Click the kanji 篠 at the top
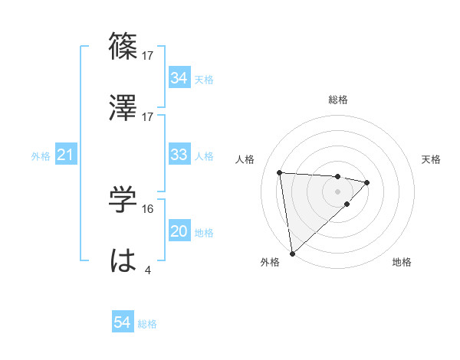(x=123, y=46)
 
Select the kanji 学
(x=123, y=200)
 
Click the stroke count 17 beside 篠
(x=148, y=55)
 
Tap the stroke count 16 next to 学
(x=148, y=208)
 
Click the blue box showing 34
(x=179, y=78)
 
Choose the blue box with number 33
(x=179, y=155)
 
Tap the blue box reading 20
(x=179, y=231)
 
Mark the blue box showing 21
(x=65, y=155)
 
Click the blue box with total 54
(x=123, y=322)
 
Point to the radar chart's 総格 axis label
(x=338, y=100)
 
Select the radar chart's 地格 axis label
(x=402, y=262)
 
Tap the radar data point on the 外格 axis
(x=292, y=253)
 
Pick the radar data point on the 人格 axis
(x=280, y=172)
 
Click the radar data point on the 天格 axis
(x=367, y=182)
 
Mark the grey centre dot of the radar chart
(x=337, y=191)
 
